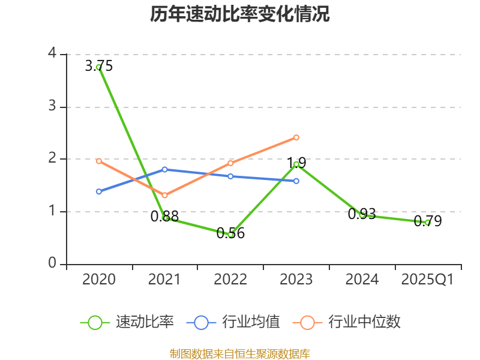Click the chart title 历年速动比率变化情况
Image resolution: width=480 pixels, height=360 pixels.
coord(240,14)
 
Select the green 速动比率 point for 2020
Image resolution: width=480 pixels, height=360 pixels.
coord(99,67)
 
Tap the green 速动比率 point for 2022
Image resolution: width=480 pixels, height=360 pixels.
coord(230,235)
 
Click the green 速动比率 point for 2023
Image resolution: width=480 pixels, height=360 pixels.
coord(296,164)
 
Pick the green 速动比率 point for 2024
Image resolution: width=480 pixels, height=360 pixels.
coord(362,215)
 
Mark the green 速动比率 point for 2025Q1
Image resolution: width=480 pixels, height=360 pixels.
coord(427,223)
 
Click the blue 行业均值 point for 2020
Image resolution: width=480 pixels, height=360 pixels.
coord(99,191)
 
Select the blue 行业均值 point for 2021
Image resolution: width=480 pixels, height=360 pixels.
coord(164,169)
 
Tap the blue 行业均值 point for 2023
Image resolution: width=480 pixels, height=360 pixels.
coord(296,181)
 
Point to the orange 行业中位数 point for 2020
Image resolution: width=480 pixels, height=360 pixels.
coord(99,161)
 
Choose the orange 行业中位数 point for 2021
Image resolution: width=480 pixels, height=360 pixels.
coord(164,195)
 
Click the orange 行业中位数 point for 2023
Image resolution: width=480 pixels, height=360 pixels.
coord(296,137)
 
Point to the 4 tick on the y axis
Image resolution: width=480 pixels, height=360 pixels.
coord(52,54)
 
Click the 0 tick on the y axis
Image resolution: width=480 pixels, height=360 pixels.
coord(52,264)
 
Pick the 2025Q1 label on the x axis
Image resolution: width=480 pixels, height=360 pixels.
coord(427,280)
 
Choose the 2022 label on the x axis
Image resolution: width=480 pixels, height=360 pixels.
coord(230,280)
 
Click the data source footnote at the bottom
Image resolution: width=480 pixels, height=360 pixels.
coord(240,354)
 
